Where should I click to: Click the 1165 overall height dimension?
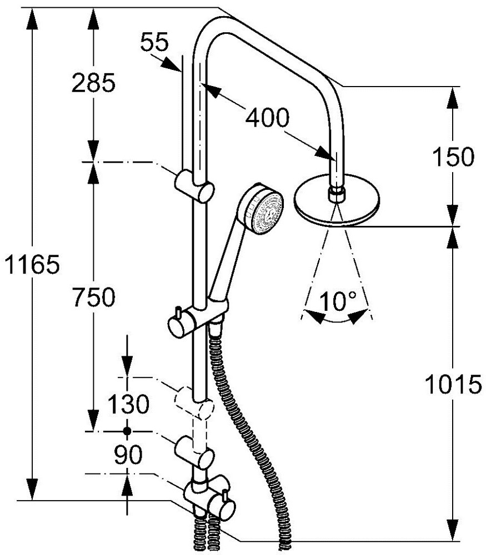[32, 264]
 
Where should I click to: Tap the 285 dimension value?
[93, 83]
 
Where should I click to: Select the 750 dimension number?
[93, 296]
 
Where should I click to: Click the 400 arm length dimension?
[268, 118]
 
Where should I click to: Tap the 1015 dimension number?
[453, 384]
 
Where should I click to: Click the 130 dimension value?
[128, 404]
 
